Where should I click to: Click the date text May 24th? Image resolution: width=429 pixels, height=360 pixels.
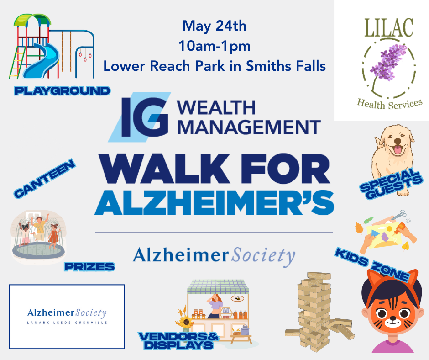click(x=214, y=26)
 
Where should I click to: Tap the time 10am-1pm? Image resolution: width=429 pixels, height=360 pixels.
click(x=214, y=46)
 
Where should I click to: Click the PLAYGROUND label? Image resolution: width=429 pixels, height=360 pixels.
click(x=62, y=90)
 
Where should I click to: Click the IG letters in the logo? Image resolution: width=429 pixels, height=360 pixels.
click(x=145, y=117)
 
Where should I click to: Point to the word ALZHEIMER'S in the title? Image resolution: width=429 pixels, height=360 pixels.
click(x=214, y=202)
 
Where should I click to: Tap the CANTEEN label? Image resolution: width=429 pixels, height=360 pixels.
click(x=45, y=178)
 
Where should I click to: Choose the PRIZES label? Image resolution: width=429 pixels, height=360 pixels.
click(x=89, y=267)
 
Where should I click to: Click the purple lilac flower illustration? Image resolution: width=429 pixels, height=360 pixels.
click(x=389, y=64)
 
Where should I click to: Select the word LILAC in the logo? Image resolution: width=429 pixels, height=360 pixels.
click(x=389, y=28)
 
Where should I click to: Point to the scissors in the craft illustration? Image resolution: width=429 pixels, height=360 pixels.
click(x=399, y=215)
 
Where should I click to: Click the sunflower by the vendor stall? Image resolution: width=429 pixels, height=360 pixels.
click(x=186, y=321)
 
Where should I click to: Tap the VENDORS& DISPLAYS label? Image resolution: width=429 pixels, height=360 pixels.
click(x=179, y=340)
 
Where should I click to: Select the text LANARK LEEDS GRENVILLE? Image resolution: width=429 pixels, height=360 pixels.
click(x=67, y=323)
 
